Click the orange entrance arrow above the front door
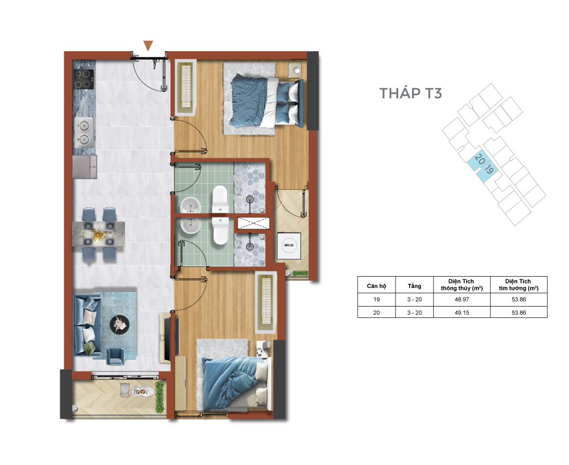point(148,46)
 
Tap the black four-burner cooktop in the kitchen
point(83,79)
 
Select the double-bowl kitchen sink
point(84,132)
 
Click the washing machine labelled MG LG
point(289,246)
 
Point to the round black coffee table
point(119,325)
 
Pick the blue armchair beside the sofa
point(116,356)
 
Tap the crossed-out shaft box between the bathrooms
point(253,223)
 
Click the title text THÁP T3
point(410,93)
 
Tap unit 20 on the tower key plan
point(479,159)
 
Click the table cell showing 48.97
point(462,299)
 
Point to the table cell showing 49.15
point(462,313)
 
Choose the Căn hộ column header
point(376,286)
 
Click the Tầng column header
point(414,286)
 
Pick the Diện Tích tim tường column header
point(519,285)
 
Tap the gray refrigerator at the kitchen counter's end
point(84,167)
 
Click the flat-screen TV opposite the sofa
point(168,339)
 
